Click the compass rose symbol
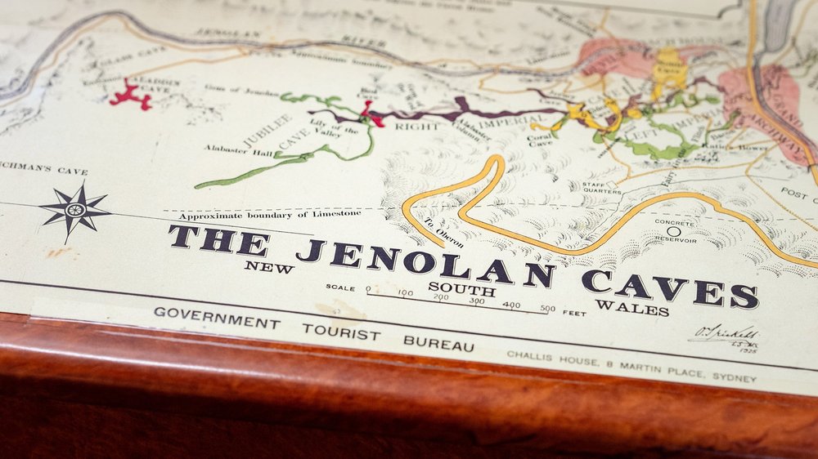(x=74, y=211)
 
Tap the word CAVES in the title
(x=669, y=287)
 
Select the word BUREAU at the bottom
(x=438, y=341)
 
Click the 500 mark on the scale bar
(x=547, y=310)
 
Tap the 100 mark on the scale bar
(x=405, y=292)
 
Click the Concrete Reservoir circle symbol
(x=673, y=231)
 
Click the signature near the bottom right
(x=723, y=335)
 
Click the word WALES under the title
(x=632, y=307)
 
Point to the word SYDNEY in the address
(x=735, y=378)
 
